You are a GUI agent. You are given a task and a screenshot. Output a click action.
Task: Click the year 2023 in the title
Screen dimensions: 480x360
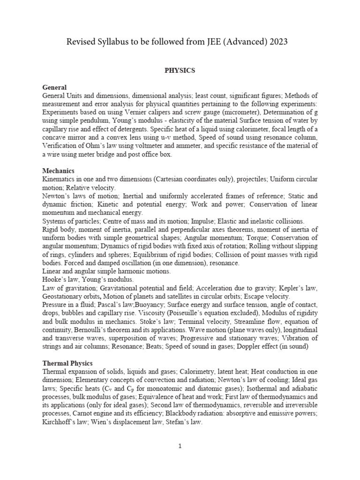pos(277,42)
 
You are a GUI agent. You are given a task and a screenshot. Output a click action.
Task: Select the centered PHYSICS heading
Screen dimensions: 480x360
pos(180,71)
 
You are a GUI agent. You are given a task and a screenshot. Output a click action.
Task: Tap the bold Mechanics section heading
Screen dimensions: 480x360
pos(58,171)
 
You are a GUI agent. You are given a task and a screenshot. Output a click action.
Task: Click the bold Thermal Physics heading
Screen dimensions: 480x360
pos(67,363)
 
